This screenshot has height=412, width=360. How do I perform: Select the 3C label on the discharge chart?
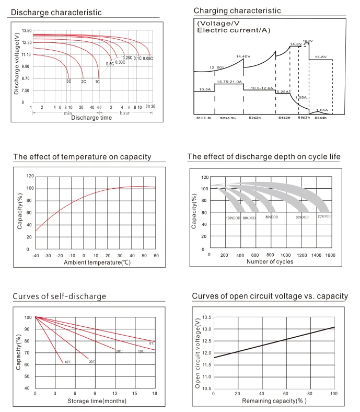coord(68,82)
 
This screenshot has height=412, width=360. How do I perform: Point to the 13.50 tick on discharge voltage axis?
coord(27,31)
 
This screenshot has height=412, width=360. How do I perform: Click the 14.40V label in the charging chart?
coord(243,56)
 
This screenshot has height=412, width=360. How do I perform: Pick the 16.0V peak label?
coord(307,41)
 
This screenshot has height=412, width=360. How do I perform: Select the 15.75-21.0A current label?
coord(229,82)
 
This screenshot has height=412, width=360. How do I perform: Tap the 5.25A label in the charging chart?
coord(283,91)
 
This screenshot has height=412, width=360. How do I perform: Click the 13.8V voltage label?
coord(320,56)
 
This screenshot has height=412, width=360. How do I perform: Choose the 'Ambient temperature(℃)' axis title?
coord(97,262)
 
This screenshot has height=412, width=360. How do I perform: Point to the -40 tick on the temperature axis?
coord(35,255)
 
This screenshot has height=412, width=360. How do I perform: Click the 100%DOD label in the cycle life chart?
coord(233,218)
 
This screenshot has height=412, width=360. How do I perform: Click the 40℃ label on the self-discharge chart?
coord(67,362)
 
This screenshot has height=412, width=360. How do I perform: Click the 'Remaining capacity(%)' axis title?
coord(274,400)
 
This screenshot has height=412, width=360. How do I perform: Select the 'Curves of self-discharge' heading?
coord(59,296)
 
